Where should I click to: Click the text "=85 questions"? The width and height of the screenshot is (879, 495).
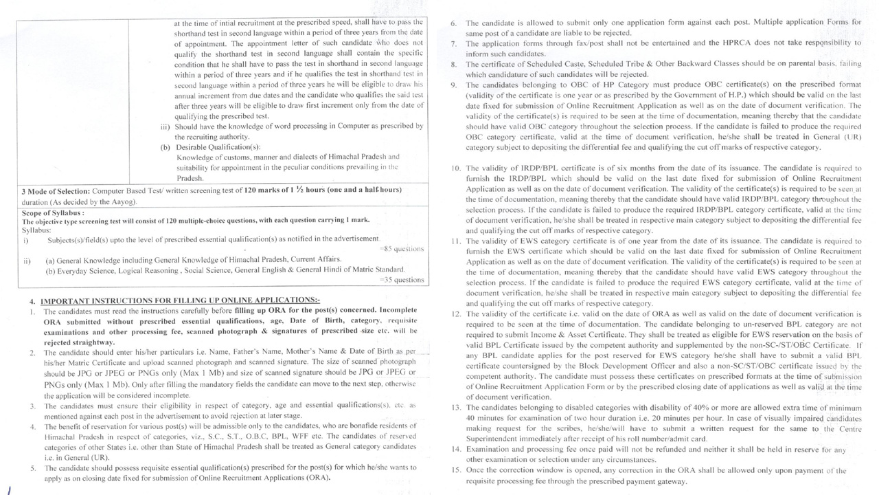[402, 249]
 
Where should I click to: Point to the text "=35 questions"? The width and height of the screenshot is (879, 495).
[402, 280]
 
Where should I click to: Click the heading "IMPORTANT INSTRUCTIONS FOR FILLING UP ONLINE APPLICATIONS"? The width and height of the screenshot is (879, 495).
[181, 300]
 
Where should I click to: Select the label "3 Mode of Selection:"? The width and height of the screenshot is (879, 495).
[56, 190]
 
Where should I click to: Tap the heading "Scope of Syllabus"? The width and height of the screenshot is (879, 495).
[52, 213]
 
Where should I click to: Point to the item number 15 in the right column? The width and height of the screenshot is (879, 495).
[456, 471]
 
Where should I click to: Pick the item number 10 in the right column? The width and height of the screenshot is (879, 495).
[456, 168]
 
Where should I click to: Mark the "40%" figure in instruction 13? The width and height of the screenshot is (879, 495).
[696, 408]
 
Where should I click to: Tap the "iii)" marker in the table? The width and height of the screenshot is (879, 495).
[165, 126]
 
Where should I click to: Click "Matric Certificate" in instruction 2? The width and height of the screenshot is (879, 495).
[108, 362]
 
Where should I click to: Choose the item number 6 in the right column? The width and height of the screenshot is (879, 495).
[454, 23]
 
